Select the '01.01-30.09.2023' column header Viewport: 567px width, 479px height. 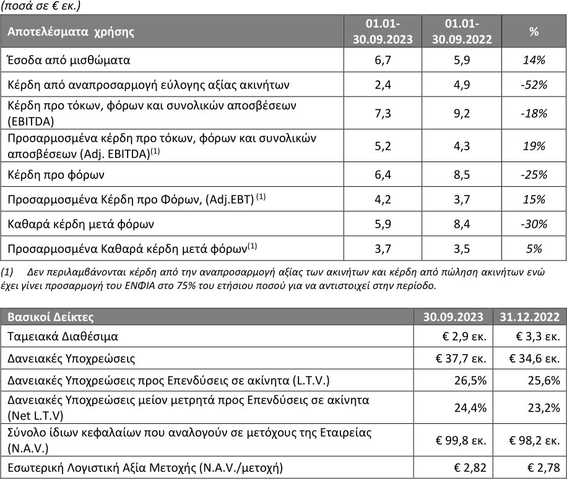tap(382, 31)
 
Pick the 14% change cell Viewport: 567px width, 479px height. tap(533, 60)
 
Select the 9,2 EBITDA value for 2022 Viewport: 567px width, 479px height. tap(462, 112)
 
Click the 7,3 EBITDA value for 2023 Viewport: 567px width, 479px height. tap(382, 112)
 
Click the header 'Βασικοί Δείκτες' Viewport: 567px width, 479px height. tap(50, 317)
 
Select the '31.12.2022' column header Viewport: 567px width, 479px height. tap(530, 317)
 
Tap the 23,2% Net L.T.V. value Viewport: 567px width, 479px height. tap(530, 407)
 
